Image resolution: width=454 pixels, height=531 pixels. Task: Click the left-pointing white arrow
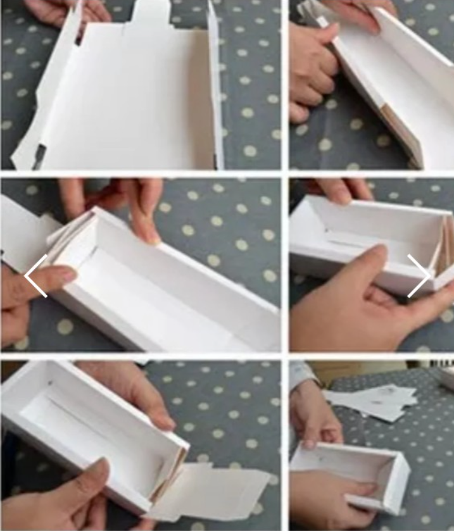35,276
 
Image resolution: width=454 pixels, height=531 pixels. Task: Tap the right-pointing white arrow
419,276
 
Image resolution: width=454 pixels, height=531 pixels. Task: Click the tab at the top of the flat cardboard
150,13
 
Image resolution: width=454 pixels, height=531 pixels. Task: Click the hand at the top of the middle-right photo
342,189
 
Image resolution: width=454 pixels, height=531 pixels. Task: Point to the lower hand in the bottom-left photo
70,500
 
